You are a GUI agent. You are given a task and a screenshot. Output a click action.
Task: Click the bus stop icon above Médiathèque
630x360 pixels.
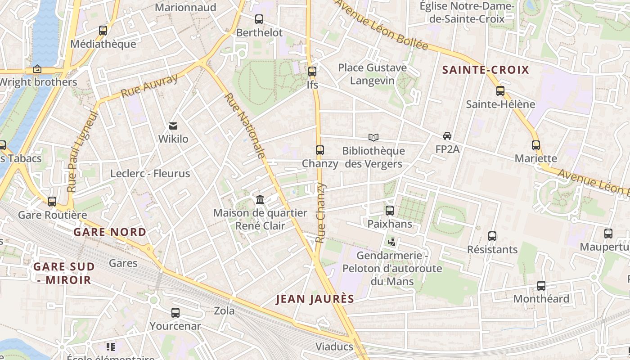(x=103, y=31)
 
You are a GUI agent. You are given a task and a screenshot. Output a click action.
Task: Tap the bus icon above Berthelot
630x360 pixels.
(x=259, y=19)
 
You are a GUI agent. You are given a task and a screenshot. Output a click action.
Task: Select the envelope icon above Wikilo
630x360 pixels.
(x=173, y=126)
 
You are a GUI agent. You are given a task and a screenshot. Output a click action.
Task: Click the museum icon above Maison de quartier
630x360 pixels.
(x=260, y=199)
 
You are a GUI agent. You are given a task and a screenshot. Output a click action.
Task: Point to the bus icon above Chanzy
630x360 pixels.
(x=320, y=150)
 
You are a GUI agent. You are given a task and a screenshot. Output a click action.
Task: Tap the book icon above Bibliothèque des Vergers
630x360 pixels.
(x=373, y=138)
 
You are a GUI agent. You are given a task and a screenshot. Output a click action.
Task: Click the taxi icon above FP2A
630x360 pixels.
(x=447, y=136)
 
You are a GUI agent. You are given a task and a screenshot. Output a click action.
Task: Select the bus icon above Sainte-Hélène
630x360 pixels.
(x=500, y=91)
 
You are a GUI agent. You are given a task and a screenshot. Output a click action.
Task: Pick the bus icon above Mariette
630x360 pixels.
(x=536, y=145)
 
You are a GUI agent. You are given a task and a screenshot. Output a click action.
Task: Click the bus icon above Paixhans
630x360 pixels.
(x=390, y=210)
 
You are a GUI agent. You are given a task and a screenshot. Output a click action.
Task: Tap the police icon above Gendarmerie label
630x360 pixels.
(x=392, y=242)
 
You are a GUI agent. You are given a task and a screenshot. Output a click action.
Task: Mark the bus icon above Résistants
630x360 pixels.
(x=492, y=236)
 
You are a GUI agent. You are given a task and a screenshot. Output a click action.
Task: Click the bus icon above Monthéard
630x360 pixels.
(x=541, y=286)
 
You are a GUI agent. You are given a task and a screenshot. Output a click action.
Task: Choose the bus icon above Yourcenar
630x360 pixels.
(x=175, y=312)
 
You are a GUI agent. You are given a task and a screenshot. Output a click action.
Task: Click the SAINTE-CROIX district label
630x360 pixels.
(x=486, y=70)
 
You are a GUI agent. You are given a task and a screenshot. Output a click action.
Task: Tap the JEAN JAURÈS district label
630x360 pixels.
(x=315, y=299)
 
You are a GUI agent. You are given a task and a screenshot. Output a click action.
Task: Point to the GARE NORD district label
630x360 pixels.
(x=110, y=232)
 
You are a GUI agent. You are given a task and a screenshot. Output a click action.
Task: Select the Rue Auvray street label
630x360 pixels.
(x=149, y=85)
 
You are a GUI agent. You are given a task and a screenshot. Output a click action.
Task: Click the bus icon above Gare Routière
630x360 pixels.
(x=52, y=202)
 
